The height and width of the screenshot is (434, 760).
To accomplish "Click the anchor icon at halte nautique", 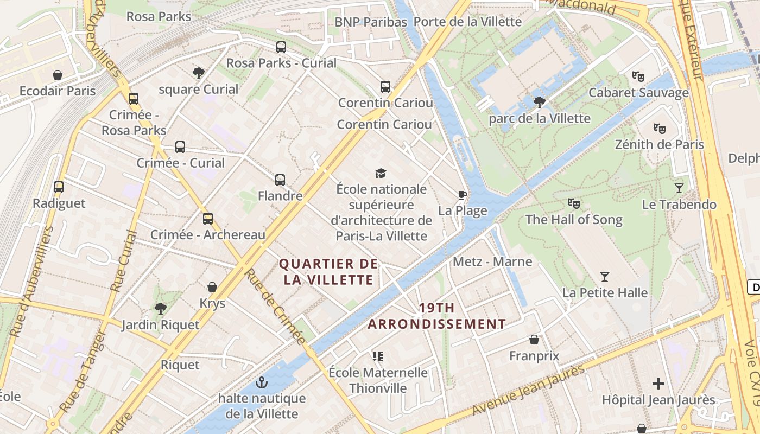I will pos(262,382).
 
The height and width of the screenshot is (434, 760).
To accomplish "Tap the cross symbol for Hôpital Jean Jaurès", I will pos(658,384).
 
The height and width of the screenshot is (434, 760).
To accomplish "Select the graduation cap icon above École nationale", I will pos(381,173).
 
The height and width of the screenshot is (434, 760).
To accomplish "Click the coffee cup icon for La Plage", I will pos(463,195).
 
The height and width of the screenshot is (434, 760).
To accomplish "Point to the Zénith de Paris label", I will pos(659,145).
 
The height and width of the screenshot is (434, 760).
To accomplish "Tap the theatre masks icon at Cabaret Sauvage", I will pos(638,76).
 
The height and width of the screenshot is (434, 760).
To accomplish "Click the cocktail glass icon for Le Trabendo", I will pos(679,188).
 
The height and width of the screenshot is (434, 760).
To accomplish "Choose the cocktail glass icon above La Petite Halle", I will pos(605,277).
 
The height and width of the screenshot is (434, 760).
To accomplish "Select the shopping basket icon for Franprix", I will pos(534,340).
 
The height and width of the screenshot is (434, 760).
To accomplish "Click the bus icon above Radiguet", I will pos(59,187).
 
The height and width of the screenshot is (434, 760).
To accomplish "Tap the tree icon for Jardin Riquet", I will pos(160,309).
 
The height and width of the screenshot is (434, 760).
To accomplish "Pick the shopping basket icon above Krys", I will pos(212,287).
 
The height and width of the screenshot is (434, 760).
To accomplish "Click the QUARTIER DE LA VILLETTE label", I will pos(328,272).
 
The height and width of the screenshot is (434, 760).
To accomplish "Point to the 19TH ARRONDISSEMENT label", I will pos(437,316).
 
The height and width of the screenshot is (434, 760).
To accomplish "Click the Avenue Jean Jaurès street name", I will pos(528,390).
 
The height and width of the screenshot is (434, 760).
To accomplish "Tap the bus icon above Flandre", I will pos(280,180).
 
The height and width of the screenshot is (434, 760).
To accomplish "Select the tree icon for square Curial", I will pos(199,73).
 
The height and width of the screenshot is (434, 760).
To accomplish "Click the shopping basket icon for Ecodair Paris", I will pos(58,75).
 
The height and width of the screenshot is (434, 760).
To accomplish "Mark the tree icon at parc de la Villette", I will pos(540,102).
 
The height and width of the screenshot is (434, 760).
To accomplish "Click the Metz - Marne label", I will pos(492,262).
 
